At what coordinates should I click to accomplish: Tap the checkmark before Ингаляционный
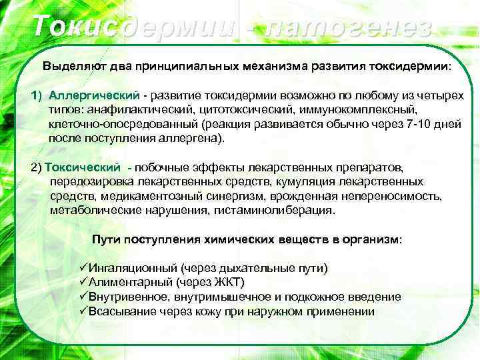pos(83,268)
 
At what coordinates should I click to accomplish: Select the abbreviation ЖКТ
pos(226,282)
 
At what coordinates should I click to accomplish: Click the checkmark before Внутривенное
pos(83,297)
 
